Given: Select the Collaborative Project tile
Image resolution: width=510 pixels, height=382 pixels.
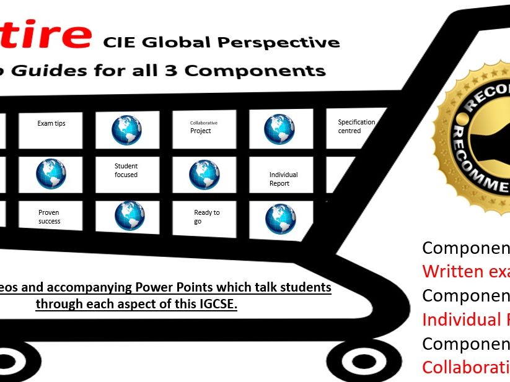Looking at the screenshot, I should tap(204, 128).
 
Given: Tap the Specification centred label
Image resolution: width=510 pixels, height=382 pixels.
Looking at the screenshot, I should tap(356, 127).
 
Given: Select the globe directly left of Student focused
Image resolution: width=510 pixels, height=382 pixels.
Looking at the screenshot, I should tap(51, 174).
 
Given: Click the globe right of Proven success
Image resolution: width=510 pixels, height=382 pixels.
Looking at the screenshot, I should tap(130, 216).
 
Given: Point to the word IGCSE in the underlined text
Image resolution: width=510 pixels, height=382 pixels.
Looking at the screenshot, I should tap(213, 305).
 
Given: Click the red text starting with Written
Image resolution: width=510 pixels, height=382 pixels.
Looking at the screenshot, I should tap(465, 271).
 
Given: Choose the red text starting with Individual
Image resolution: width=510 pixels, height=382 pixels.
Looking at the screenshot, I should tap(465, 319).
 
